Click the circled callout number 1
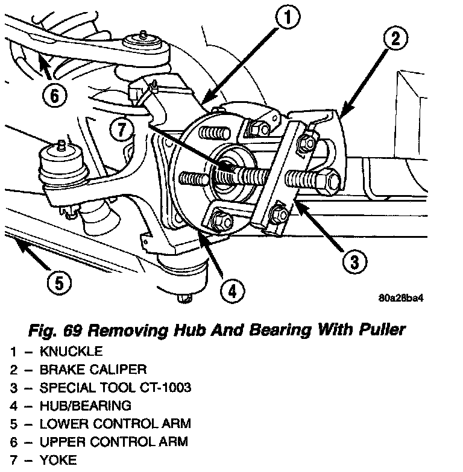[x=288, y=18]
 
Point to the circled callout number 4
[x=233, y=291]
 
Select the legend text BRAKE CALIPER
[x=93, y=369]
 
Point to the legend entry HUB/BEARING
[x=85, y=405]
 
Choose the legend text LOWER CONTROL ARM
[x=115, y=423]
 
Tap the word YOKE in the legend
[x=58, y=460]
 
